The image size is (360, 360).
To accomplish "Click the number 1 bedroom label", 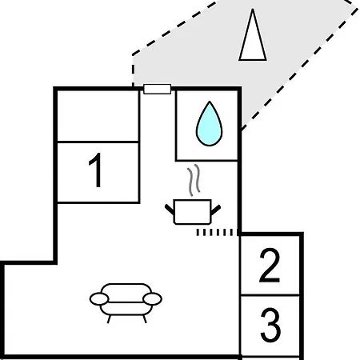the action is pos(96,170).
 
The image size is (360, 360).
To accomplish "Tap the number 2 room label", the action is pos(270,265).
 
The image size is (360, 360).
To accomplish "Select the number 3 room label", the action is pos(270,325).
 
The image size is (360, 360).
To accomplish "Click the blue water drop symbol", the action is pos(210,124).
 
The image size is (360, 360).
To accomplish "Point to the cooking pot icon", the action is pos(193,211).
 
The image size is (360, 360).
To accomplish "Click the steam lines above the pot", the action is pos(194,180).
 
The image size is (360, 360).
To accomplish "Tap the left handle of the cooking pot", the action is pos(170,209).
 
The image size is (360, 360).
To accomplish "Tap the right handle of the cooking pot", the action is pos(216,210).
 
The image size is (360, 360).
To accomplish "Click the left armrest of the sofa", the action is pos(99,298).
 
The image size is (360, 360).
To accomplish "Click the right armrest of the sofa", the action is pos(152,298).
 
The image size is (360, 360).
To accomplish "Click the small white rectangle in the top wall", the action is pos(158,89).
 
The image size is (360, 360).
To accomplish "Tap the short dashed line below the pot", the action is pos(218,232).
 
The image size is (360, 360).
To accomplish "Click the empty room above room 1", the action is pos(98,115).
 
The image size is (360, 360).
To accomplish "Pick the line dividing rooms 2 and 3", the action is pos(270,295).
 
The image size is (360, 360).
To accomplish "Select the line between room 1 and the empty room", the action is pos(98,142).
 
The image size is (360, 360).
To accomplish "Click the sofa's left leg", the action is pos(109,319).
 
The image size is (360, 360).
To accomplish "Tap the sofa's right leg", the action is pos(145,319).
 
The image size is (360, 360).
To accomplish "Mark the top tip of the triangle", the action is pos(253,9).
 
